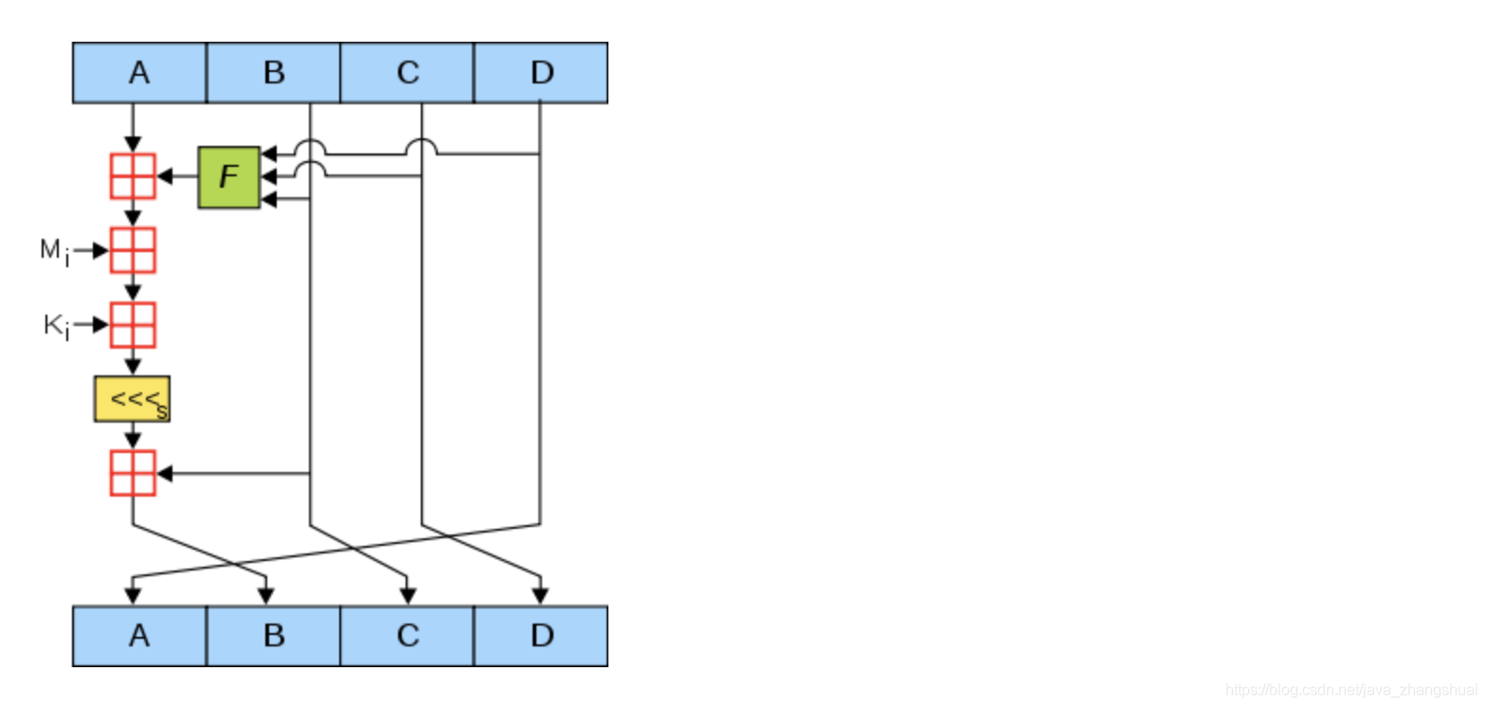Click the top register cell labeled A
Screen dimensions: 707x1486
pos(139,73)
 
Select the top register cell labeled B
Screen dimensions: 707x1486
pos(273,73)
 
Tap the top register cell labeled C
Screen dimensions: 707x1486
pos(407,73)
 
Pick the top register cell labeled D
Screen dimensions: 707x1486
pos(540,73)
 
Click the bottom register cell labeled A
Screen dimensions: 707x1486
pos(139,636)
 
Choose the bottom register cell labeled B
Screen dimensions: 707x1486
pos(273,636)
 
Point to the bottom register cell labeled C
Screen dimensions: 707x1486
pos(407,636)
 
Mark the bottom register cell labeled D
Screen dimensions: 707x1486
pos(540,636)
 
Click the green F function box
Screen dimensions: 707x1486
pos(228,177)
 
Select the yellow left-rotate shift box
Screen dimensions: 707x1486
pos(132,399)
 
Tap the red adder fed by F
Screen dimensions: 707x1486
pos(133,176)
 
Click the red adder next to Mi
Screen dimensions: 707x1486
pos(133,250)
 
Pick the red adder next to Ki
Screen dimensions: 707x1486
pos(133,325)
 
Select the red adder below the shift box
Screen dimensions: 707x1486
pos(133,473)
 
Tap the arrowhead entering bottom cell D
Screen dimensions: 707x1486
pos(540,596)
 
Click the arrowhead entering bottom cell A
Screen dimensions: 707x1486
pos(133,596)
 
